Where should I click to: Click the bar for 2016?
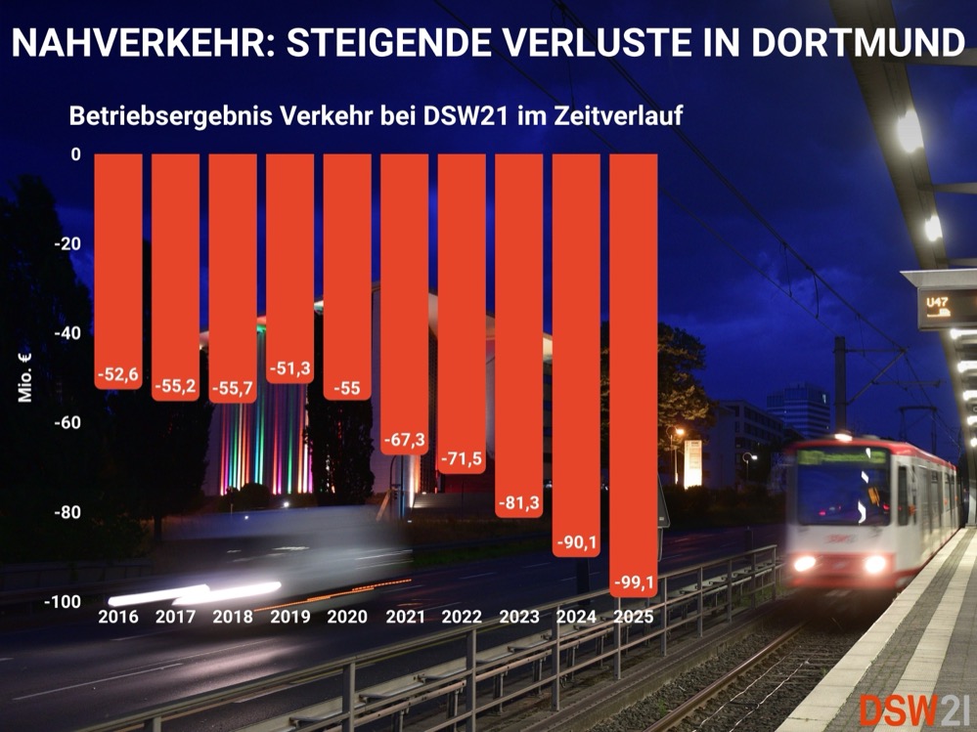click(x=118, y=264)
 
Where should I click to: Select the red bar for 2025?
click(x=634, y=371)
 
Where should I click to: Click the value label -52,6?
click(x=118, y=374)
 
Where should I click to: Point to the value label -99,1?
click(x=634, y=583)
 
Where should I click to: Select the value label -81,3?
click(x=519, y=502)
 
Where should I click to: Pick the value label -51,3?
click(x=290, y=368)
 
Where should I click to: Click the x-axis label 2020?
click(x=347, y=617)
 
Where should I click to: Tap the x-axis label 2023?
click(x=519, y=617)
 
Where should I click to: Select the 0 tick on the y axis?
click(x=74, y=154)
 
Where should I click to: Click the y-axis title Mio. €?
click(x=26, y=377)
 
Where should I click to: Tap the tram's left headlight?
click(x=804, y=563)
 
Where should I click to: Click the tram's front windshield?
click(x=842, y=488)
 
